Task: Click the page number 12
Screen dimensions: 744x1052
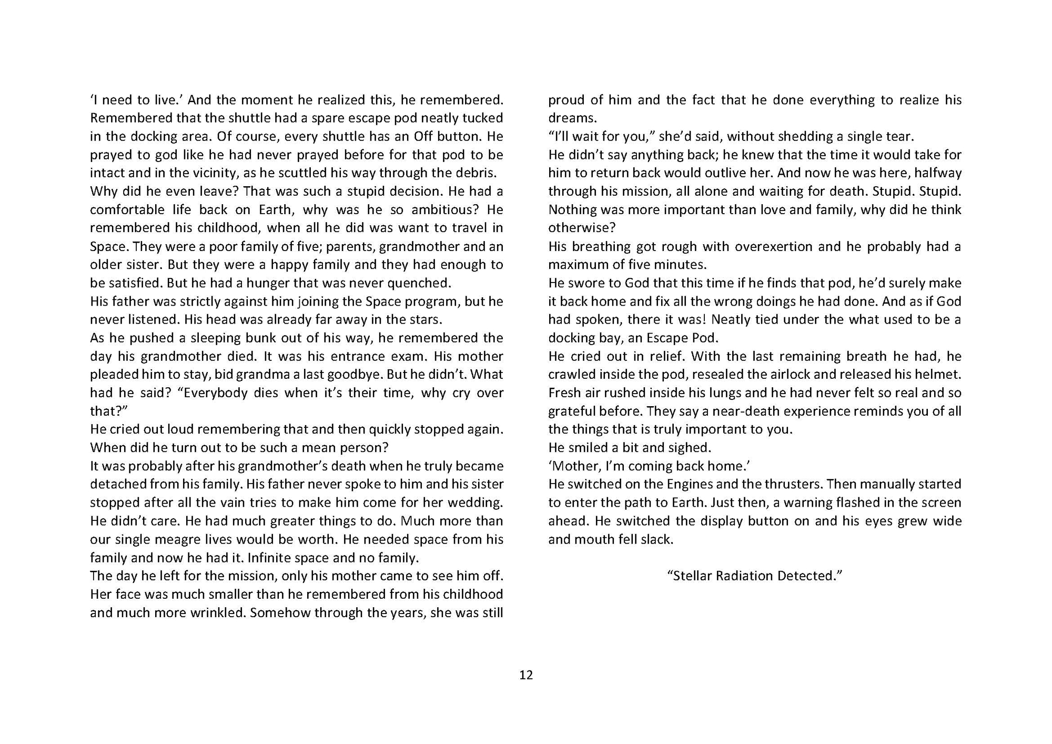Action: [526, 675]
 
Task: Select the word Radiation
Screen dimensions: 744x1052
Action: [746, 576]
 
